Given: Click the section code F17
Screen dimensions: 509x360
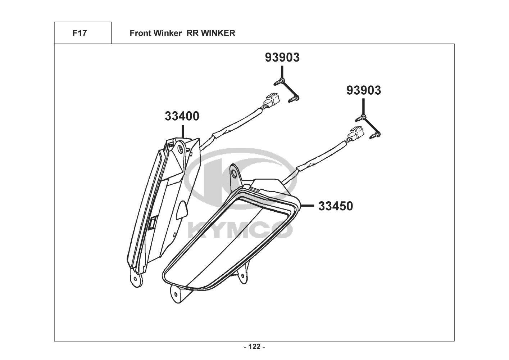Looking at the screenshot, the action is [x=79, y=33].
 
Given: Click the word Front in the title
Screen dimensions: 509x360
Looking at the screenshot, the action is [x=140, y=33].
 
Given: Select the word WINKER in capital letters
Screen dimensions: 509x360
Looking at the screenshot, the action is [x=218, y=33].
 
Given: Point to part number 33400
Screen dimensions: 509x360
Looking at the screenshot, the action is [x=182, y=116].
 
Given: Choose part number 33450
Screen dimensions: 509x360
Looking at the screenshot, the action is [x=335, y=206].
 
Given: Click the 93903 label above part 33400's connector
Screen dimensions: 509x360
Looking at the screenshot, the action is [x=282, y=58].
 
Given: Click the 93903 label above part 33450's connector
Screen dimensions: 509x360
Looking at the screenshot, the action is [x=364, y=90].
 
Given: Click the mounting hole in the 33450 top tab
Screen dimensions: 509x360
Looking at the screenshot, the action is [x=233, y=175].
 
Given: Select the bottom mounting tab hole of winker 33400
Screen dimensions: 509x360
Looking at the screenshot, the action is [x=135, y=279].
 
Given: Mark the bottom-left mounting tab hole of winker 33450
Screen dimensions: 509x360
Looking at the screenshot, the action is [x=176, y=294].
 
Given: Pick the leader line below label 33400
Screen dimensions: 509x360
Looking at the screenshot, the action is [x=183, y=131].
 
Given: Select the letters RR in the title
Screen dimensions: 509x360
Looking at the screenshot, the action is [x=192, y=33].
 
